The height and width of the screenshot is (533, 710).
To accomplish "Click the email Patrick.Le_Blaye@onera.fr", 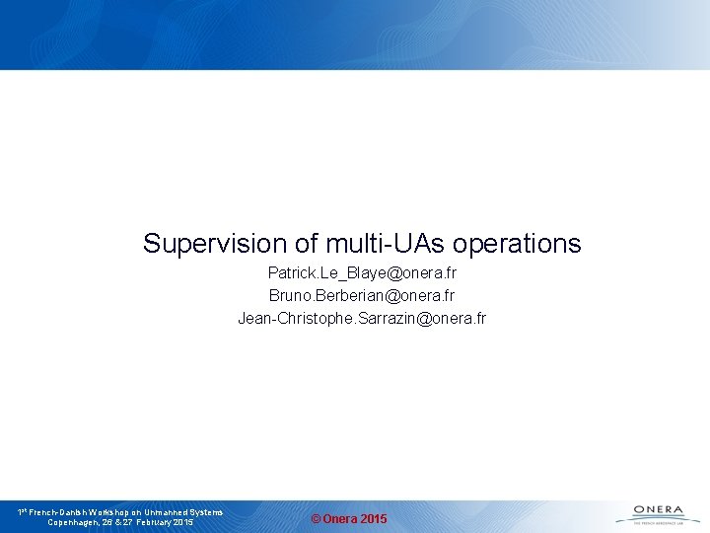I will [x=362, y=272].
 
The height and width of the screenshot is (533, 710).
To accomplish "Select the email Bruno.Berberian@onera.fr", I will [x=362, y=295].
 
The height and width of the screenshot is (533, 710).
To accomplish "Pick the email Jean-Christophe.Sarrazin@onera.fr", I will [x=362, y=318].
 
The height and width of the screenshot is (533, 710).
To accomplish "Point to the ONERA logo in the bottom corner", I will [x=658, y=513].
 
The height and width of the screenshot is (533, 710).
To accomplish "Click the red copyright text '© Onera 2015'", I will [x=349, y=519].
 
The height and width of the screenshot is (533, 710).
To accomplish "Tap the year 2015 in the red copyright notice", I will [x=373, y=519].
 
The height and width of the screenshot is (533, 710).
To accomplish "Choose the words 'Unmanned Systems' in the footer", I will [x=187, y=512].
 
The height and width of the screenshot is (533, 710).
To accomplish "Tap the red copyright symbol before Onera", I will [x=316, y=519].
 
